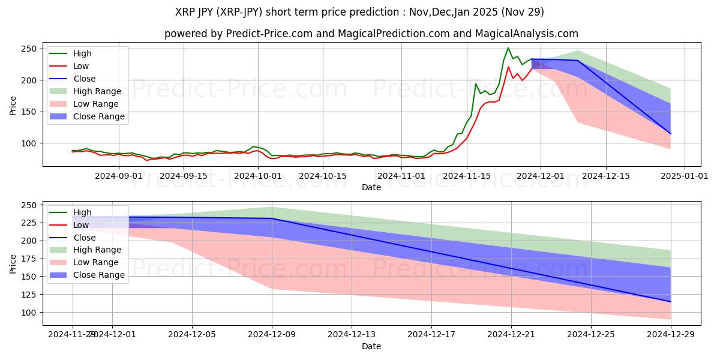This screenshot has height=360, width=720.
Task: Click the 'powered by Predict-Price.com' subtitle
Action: pyautogui.click(x=371, y=34)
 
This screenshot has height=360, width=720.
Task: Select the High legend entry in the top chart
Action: pyautogui.click(x=82, y=53)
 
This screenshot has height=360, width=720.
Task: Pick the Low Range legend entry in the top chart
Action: pyautogui.click(x=97, y=104)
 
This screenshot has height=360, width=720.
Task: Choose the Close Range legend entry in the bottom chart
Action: pyautogui.click(x=99, y=275)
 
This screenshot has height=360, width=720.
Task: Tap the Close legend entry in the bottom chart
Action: pyautogui.click(x=84, y=238)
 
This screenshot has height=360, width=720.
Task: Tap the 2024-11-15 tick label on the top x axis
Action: pyautogui.click(x=466, y=176)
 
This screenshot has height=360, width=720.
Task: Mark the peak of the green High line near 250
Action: pyautogui.click(x=508, y=48)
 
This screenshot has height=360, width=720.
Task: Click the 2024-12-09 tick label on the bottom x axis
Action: pyautogui.click(x=272, y=335)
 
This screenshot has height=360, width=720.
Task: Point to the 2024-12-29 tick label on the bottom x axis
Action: pyautogui.click(x=670, y=335)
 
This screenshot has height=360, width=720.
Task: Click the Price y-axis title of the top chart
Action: pyautogui.click(x=13, y=105)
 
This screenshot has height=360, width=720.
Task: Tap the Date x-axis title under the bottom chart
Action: pyautogui.click(x=371, y=346)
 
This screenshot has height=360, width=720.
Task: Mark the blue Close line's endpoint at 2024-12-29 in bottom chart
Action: pyautogui.click(x=670, y=302)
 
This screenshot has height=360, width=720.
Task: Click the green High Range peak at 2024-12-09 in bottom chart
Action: pyautogui.click(x=272, y=207)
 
